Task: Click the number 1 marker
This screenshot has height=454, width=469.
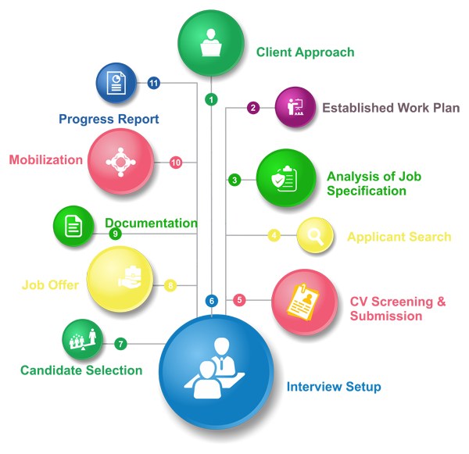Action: pos(209,98)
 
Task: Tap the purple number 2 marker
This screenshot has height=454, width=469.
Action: pos(252,108)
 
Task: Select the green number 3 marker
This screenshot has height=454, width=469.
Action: pos(234,181)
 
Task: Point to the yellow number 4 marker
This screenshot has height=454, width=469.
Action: pos(274,235)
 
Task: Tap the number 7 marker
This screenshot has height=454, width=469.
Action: pos(120,343)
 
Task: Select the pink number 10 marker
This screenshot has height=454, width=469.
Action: pos(175,162)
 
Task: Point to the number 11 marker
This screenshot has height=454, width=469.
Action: pos(154,81)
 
